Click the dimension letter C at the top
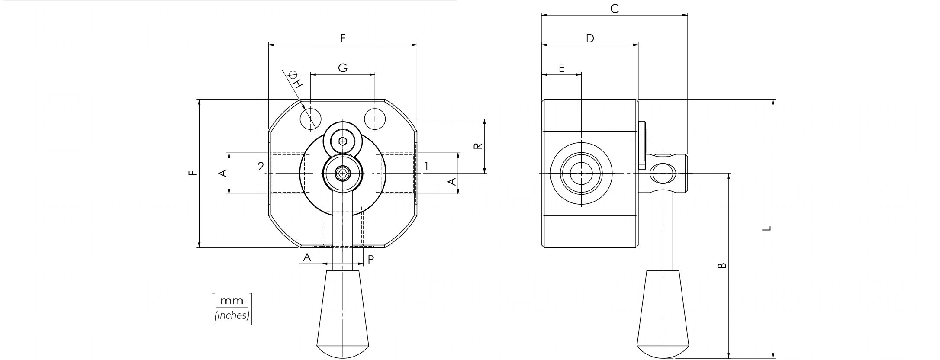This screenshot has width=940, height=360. click(615, 9)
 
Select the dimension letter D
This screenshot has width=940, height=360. click(590, 39)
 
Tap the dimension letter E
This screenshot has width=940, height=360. click(562, 68)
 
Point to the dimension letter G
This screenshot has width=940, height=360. click(343, 68)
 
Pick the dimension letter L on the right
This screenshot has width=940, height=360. click(766, 228)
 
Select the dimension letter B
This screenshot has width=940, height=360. click(722, 266)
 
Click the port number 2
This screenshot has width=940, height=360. click(261, 167)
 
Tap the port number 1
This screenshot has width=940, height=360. click(426, 166)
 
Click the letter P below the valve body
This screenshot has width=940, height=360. click(371, 260)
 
